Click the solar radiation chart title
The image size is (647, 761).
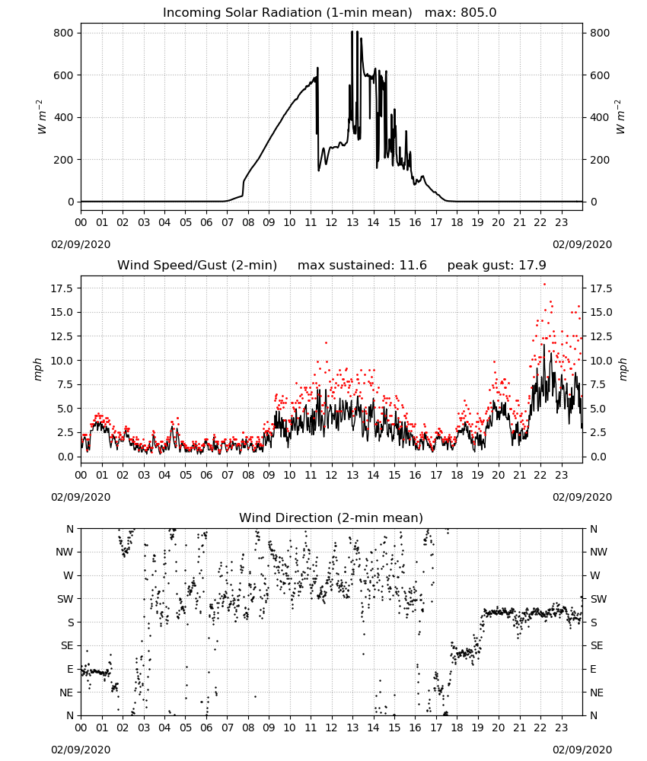tap(330, 12)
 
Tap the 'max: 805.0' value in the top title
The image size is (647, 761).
tap(461, 12)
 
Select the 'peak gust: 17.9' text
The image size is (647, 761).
tap(496, 265)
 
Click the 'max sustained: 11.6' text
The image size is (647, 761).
tap(362, 265)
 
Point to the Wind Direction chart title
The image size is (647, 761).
tap(331, 517)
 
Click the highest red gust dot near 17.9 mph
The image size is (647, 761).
tap(544, 284)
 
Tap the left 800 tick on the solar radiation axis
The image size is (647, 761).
tap(64, 33)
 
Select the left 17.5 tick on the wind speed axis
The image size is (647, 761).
tap(61, 288)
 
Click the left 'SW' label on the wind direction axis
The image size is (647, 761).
tap(65, 599)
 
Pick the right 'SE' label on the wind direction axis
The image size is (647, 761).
tap(597, 645)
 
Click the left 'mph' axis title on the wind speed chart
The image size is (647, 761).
tap(38, 369)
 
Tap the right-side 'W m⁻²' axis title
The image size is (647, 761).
tap(621, 117)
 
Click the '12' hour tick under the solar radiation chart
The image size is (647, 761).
tap(332, 222)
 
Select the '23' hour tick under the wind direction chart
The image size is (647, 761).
tap(561, 728)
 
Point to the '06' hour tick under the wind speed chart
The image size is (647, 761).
tap(206, 475)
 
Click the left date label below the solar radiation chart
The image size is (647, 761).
tap(81, 244)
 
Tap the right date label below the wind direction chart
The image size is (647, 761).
tap(582, 750)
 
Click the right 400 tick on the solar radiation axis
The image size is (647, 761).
tap(600, 117)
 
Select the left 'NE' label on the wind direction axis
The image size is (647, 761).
tap(66, 693)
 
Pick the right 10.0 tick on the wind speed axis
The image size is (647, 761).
tap(601, 361)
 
